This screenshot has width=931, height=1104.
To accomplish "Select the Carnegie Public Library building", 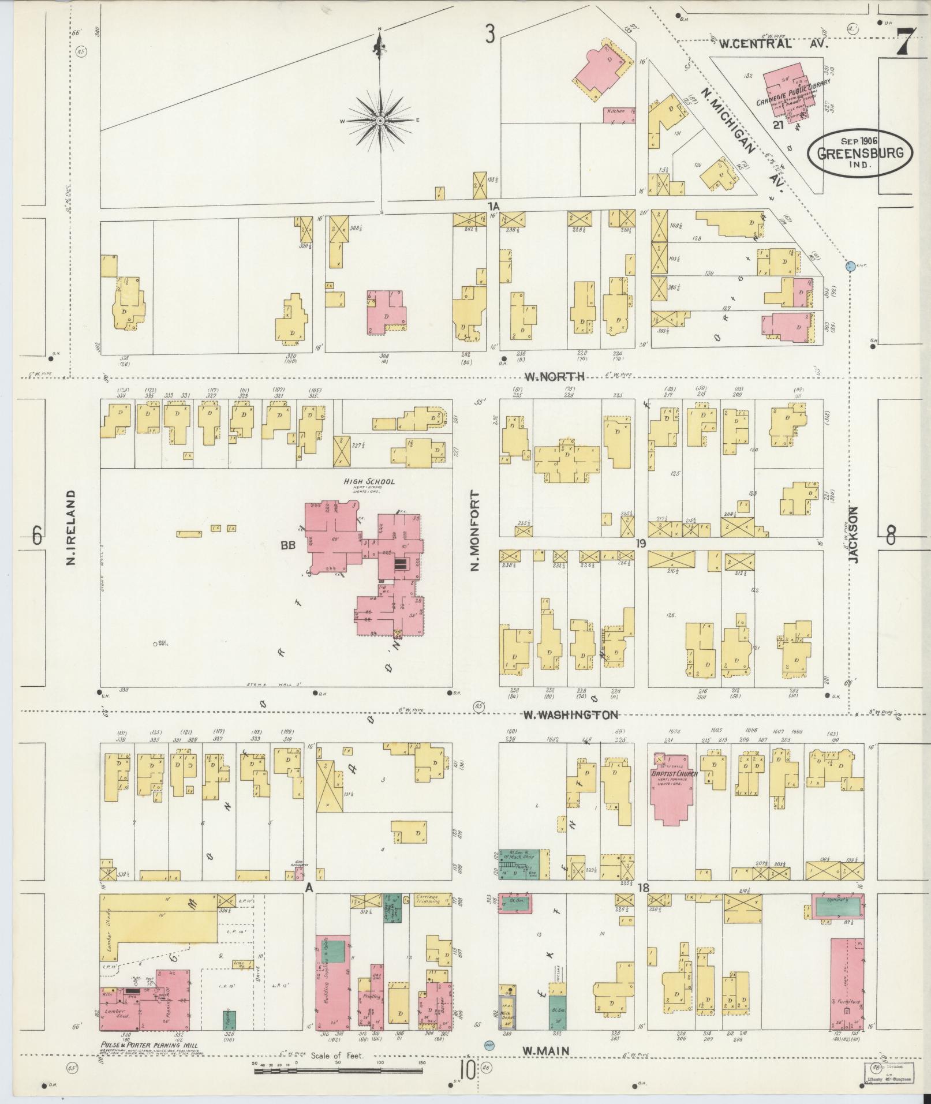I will tap(785, 89).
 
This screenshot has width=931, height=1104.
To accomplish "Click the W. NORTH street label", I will tap(555, 377).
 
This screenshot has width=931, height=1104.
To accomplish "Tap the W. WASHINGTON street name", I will tap(571, 714).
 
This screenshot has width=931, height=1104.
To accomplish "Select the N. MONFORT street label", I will tap(476, 530).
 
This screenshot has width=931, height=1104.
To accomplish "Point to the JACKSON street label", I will tap(854, 533).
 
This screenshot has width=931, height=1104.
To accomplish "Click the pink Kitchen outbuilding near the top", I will tap(620, 114).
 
